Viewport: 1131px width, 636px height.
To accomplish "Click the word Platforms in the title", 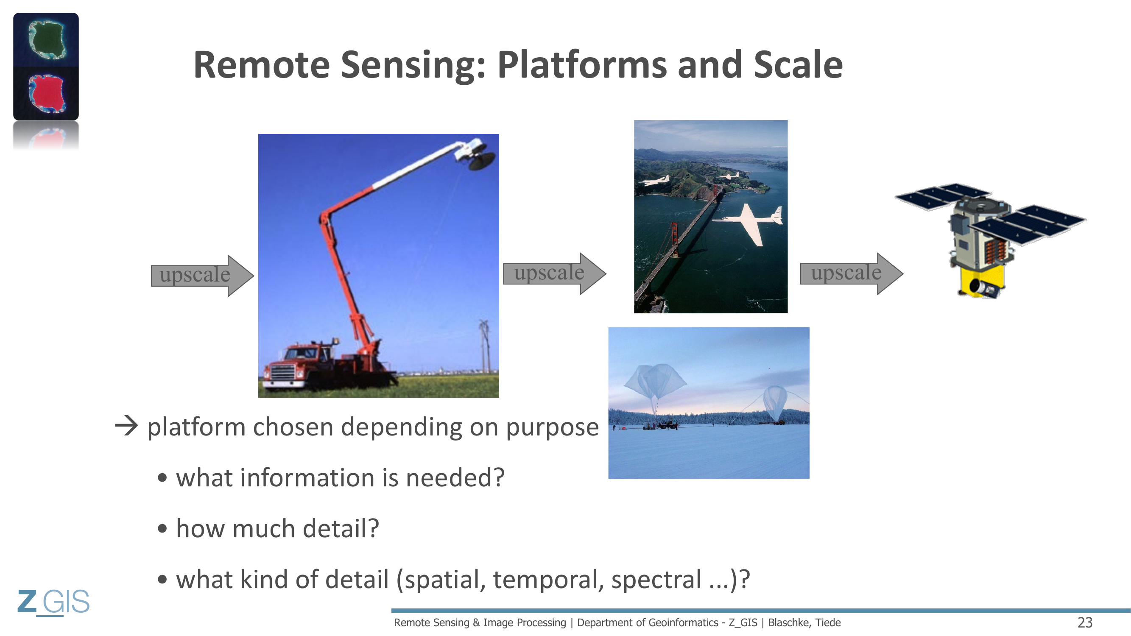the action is point(582,65).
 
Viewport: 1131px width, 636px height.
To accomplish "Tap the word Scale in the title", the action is point(798,65).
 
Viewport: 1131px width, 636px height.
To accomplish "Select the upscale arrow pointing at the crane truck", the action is point(202,276).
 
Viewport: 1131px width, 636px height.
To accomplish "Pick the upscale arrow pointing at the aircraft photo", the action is point(555,273).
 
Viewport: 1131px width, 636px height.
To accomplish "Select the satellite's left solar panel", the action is point(942,196).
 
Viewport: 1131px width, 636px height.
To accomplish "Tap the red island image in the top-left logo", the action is point(46,93).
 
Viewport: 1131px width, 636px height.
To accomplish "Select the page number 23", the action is point(1085,622).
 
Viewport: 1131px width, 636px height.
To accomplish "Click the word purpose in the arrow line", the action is point(552,428).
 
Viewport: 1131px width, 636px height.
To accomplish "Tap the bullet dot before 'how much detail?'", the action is point(162,528).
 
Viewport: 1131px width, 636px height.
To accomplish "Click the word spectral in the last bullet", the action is point(656,579).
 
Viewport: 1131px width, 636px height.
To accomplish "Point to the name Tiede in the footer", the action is point(828,622).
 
